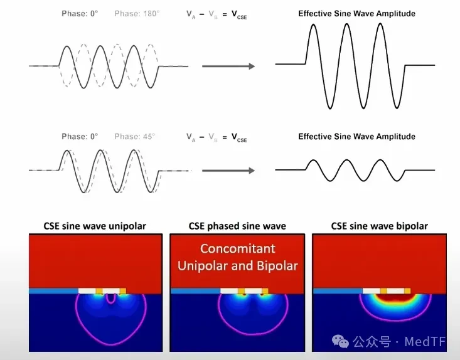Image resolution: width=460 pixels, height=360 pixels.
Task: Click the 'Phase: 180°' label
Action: [137, 14]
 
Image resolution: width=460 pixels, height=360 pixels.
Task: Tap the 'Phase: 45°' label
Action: [135, 137]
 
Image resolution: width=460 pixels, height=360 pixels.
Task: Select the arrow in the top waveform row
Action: [228, 66]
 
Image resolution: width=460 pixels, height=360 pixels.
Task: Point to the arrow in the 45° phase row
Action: [228, 171]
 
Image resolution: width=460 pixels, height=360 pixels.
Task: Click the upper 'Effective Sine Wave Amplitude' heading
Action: [356, 14]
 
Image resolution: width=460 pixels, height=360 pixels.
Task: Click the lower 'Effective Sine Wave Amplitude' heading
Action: [356, 137]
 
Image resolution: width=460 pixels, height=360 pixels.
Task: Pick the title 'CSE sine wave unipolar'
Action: [95, 226]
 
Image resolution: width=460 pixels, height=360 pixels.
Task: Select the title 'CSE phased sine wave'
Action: [237, 226]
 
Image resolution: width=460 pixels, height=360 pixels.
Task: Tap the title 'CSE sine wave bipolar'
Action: [379, 226]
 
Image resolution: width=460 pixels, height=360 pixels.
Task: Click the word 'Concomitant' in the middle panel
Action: [238, 248]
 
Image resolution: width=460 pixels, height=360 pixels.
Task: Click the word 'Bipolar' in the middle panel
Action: [277, 266]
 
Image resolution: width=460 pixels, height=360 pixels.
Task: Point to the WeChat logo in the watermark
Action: [340, 342]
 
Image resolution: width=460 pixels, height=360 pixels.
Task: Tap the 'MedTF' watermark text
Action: [425, 342]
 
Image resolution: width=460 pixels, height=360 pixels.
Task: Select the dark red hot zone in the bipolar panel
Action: [395, 299]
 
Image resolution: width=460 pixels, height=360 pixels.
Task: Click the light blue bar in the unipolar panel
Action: [54, 291]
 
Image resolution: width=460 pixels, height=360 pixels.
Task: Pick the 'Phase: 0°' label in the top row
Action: [80, 14]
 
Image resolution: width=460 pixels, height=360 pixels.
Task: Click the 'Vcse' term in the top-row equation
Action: [239, 14]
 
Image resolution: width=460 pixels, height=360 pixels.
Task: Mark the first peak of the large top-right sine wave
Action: [313, 24]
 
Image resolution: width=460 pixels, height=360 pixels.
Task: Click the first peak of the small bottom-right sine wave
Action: [313, 161]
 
